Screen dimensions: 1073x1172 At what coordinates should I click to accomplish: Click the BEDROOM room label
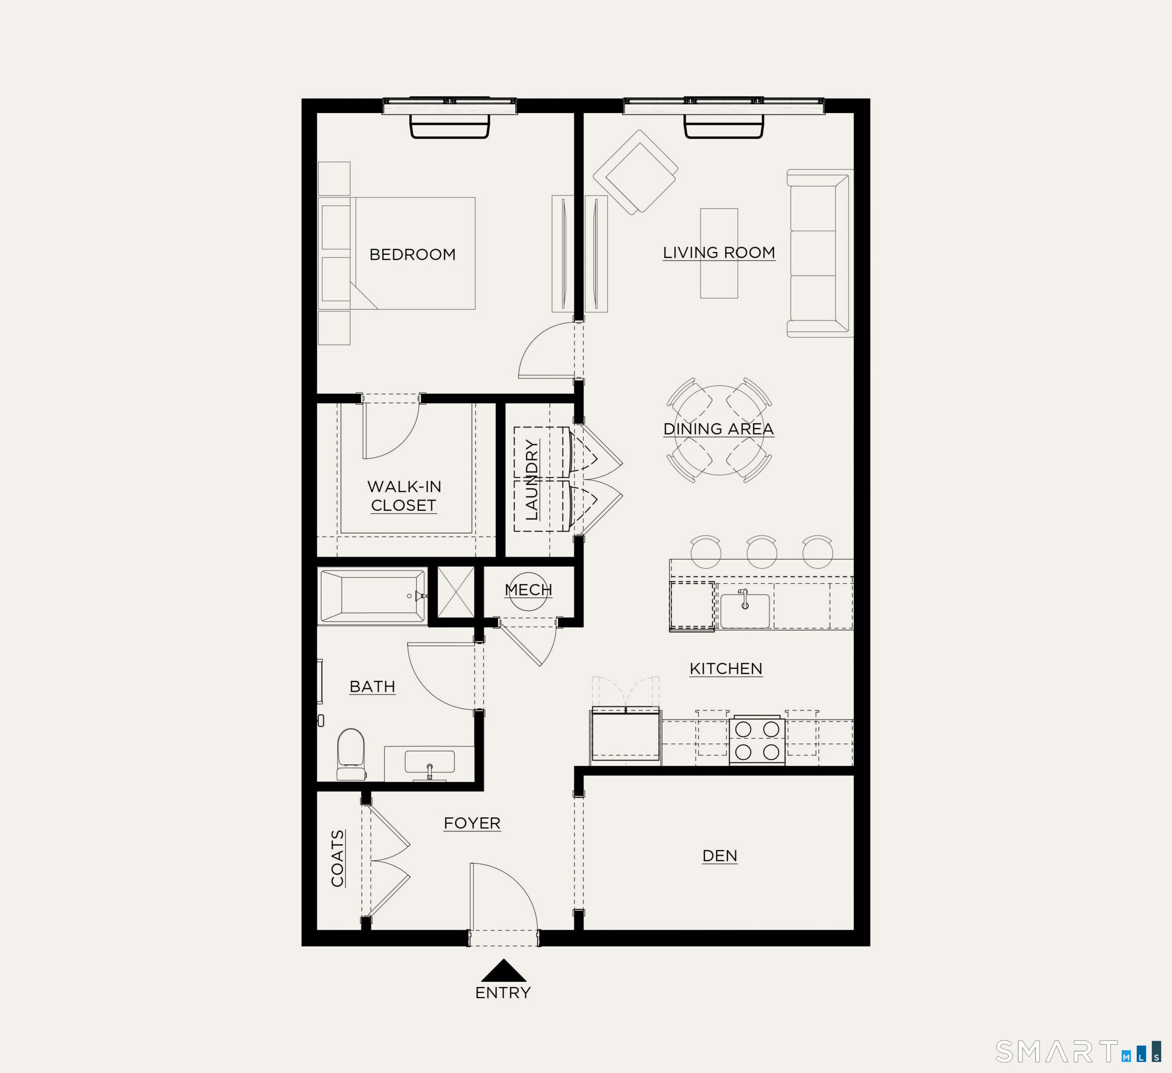412,254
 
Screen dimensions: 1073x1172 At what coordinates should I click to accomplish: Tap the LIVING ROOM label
719,252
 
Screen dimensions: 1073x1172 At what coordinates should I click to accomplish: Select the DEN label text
719,856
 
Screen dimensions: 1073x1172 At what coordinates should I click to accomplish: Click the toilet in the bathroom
351,754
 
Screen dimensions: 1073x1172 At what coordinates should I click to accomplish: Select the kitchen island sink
745,611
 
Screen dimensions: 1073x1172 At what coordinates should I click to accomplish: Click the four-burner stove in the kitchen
757,740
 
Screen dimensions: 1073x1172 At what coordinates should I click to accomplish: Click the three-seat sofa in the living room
818,253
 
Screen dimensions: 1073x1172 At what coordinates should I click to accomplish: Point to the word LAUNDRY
532,480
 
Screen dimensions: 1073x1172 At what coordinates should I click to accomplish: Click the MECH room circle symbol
528,591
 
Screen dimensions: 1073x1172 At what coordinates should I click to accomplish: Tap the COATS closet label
337,858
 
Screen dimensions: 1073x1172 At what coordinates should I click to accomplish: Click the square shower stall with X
456,592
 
